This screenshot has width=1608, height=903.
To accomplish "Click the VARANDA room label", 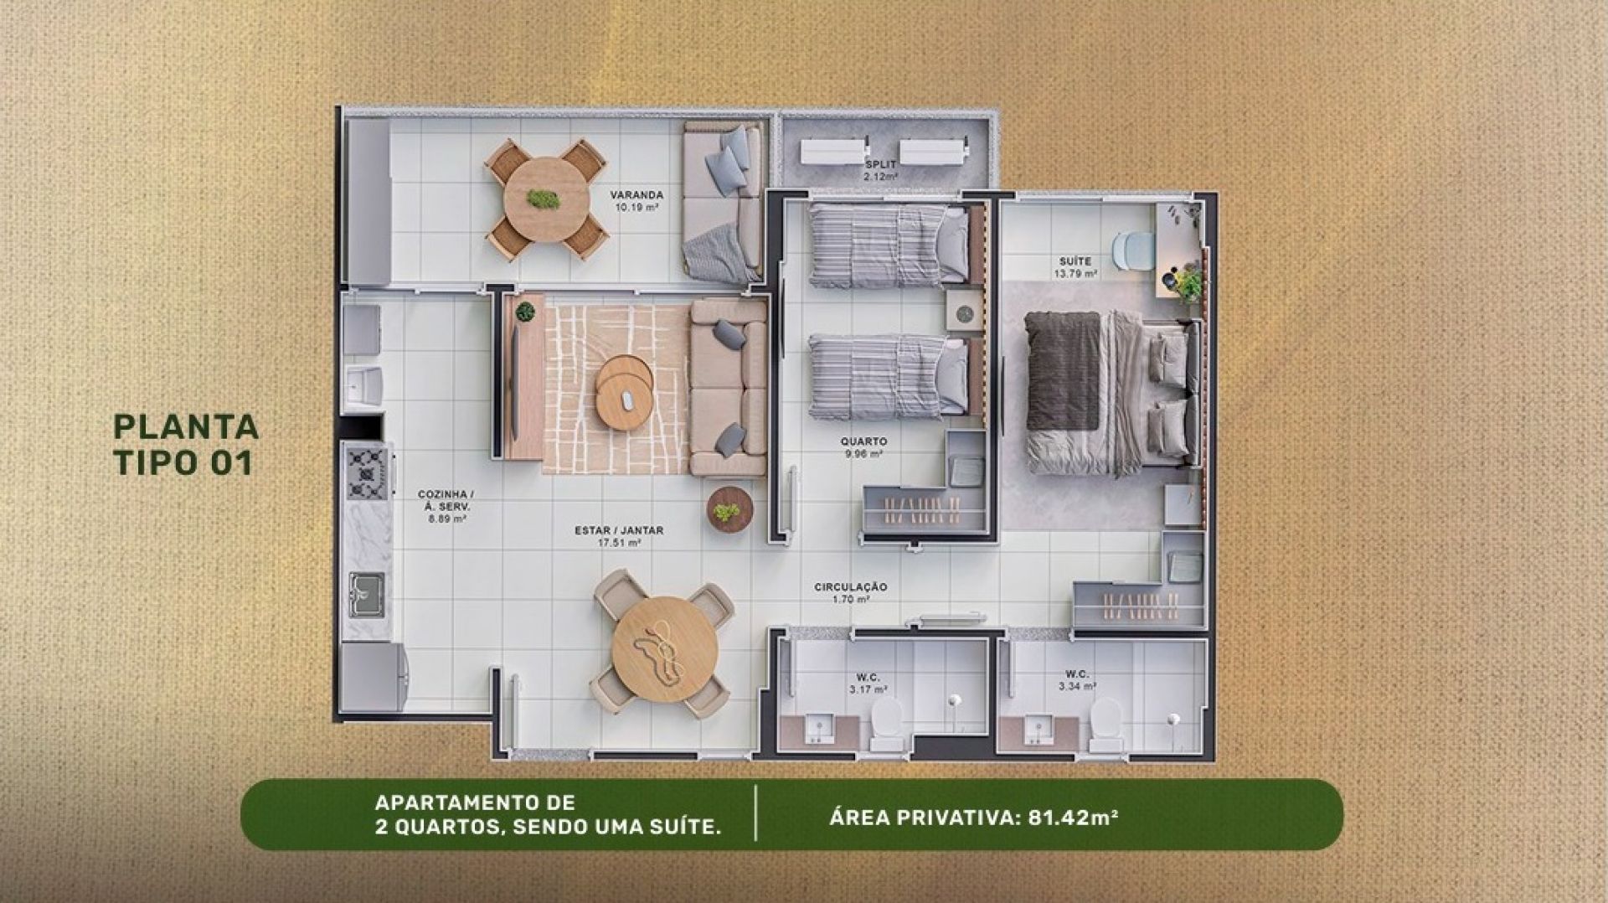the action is click(636, 200).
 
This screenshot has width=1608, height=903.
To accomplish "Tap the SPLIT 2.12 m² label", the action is click(880, 171).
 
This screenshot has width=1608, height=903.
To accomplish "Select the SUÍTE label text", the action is click(1075, 267).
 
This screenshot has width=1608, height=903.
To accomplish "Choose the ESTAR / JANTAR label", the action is click(619, 536).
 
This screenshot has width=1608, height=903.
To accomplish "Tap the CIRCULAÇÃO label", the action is click(850, 593).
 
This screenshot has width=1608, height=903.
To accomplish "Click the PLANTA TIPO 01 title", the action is click(185, 444).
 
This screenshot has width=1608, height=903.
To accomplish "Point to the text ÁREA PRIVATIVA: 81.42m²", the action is click(974, 817).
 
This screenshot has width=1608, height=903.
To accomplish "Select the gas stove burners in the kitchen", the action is click(367, 472).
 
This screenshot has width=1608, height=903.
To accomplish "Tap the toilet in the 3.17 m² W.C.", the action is click(885, 725).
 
